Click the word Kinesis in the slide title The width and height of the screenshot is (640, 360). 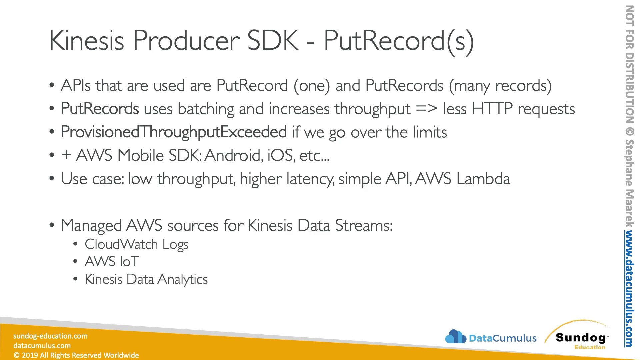pyautogui.click(x=87, y=40)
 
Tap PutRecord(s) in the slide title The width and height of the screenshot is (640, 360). pyautogui.click(x=399, y=41)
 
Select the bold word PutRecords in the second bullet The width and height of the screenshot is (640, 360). pyautogui.click(x=100, y=109)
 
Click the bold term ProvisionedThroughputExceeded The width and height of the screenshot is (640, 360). pyautogui.click(x=174, y=132)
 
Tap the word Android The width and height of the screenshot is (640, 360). pyautogui.click(x=232, y=155)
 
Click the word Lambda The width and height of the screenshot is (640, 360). pyautogui.click(x=483, y=179)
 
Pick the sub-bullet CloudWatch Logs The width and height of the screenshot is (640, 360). pyautogui.click(x=137, y=244)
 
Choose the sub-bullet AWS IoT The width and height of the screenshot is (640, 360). pyautogui.click(x=112, y=262)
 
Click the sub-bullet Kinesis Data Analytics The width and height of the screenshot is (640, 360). pyautogui.click(x=146, y=279)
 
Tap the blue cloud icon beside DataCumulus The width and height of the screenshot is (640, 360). pyautogui.click(x=455, y=337)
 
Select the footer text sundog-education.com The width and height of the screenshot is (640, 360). pyautogui.click(x=50, y=336)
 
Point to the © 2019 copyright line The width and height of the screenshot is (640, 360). pyautogui.click(x=76, y=355)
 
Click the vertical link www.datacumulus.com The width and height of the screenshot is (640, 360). pyautogui.click(x=629, y=289)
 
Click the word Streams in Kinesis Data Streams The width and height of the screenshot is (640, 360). pyautogui.click(x=364, y=226)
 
